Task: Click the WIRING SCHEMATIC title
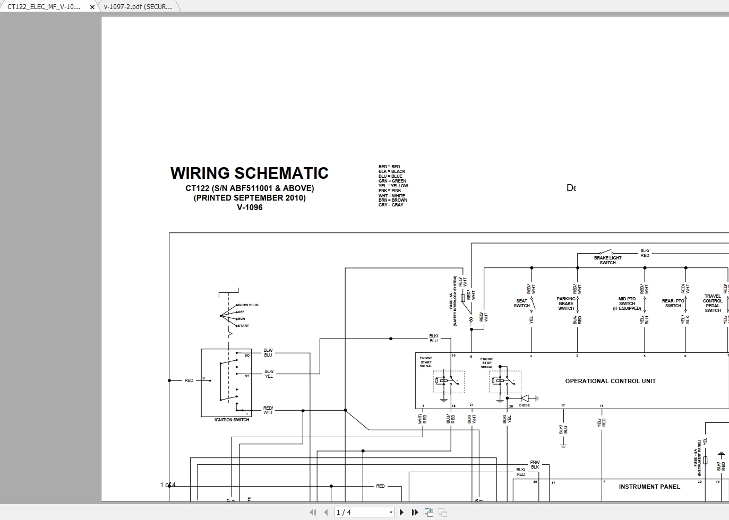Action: (x=249, y=174)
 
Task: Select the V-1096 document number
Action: (x=250, y=207)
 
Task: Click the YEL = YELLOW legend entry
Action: (x=393, y=186)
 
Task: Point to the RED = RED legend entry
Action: (x=389, y=167)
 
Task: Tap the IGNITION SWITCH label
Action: (x=231, y=420)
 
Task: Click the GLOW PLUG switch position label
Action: (x=248, y=305)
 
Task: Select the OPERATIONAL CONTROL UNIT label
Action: (x=610, y=381)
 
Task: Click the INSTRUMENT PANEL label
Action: (x=649, y=487)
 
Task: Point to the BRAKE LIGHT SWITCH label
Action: (x=607, y=260)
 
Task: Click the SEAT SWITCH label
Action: (x=521, y=303)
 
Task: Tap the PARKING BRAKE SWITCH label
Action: (x=565, y=304)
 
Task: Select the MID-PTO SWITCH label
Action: (x=627, y=304)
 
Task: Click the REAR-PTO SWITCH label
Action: (x=673, y=303)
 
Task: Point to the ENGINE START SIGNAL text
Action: (x=426, y=362)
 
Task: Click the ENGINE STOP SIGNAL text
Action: (x=486, y=363)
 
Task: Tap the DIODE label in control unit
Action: (x=524, y=405)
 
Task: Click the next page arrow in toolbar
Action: (x=401, y=512)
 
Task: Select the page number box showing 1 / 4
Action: (x=364, y=512)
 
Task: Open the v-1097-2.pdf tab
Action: (x=138, y=7)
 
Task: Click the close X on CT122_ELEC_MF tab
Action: (x=92, y=7)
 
